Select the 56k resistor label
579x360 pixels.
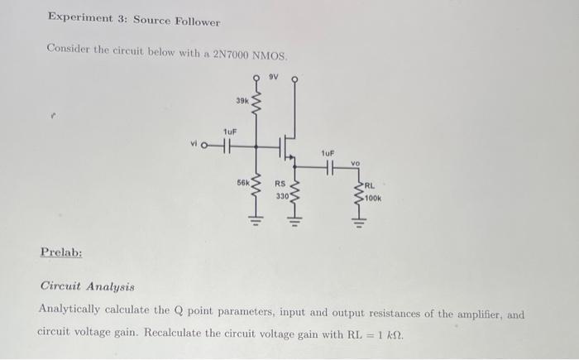click(x=243, y=180)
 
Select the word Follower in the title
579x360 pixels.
click(x=196, y=22)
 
